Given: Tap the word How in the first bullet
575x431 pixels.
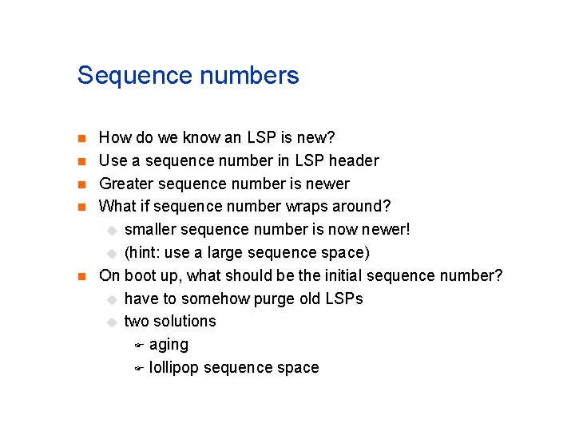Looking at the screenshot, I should click(115, 137).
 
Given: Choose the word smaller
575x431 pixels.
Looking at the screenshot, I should click(150, 229).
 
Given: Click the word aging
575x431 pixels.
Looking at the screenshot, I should click(169, 345).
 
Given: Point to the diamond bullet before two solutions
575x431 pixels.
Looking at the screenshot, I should click(112, 322).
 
